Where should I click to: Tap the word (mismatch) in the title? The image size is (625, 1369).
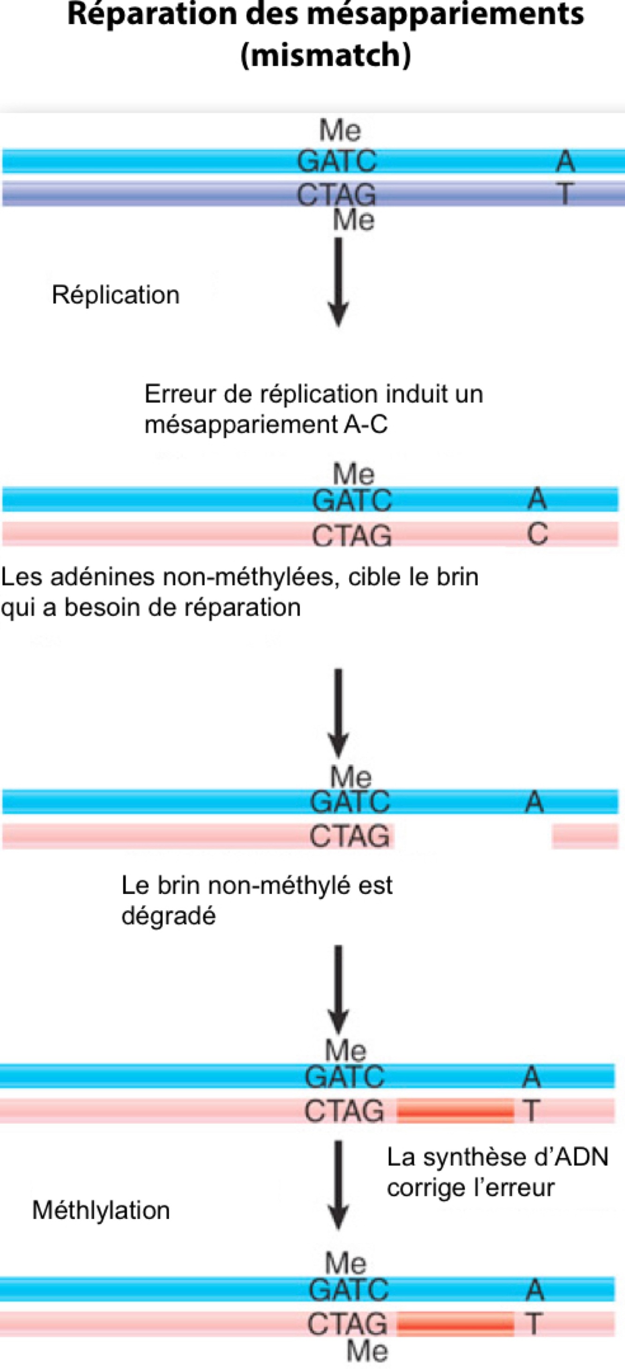(x=326, y=55)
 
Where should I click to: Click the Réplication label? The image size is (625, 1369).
(x=115, y=295)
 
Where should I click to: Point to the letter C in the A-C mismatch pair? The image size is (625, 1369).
(x=537, y=533)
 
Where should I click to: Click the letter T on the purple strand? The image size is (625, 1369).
(x=565, y=193)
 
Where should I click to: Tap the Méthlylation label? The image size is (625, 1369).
(x=101, y=1210)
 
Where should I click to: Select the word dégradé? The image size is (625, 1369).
(x=169, y=916)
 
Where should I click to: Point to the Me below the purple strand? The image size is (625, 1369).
(x=353, y=220)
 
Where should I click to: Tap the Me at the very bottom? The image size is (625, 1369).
(x=367, y=1352)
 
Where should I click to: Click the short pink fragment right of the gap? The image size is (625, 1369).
(x=585, y=836)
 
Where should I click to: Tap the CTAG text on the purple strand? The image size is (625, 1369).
(x=336, y=194)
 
